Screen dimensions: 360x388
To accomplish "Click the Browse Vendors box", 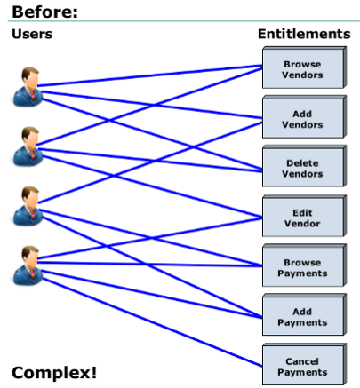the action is point(304,67).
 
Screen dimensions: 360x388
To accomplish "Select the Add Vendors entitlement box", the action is point(304,117).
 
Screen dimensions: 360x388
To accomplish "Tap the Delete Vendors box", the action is point(304,166).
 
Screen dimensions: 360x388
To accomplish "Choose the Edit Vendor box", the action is point(304,216).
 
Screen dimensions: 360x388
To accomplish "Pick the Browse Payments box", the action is point(304,265).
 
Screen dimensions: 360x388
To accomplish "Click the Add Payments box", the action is point(304,315).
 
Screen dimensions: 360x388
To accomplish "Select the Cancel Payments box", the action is point(304,364).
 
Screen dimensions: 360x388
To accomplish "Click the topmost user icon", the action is point(28,87).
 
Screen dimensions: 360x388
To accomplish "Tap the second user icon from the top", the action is point(28,146).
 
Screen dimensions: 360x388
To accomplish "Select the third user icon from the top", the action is point(28,206).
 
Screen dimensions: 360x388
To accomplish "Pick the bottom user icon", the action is point(28,265).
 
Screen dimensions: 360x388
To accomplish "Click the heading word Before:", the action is point(44,12).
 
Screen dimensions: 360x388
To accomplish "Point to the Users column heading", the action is point(32,34).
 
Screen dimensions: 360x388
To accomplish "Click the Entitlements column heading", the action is point(304,34).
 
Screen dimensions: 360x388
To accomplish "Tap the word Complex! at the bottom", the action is point(54,373).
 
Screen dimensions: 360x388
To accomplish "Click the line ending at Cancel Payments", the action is point(152,322).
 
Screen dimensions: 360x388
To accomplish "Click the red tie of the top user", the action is point(32,96).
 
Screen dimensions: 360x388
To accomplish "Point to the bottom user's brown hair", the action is point(29,251).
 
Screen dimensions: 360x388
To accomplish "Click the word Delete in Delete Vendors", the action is point(302,163).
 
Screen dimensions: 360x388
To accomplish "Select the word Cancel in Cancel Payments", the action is point(302,361).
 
